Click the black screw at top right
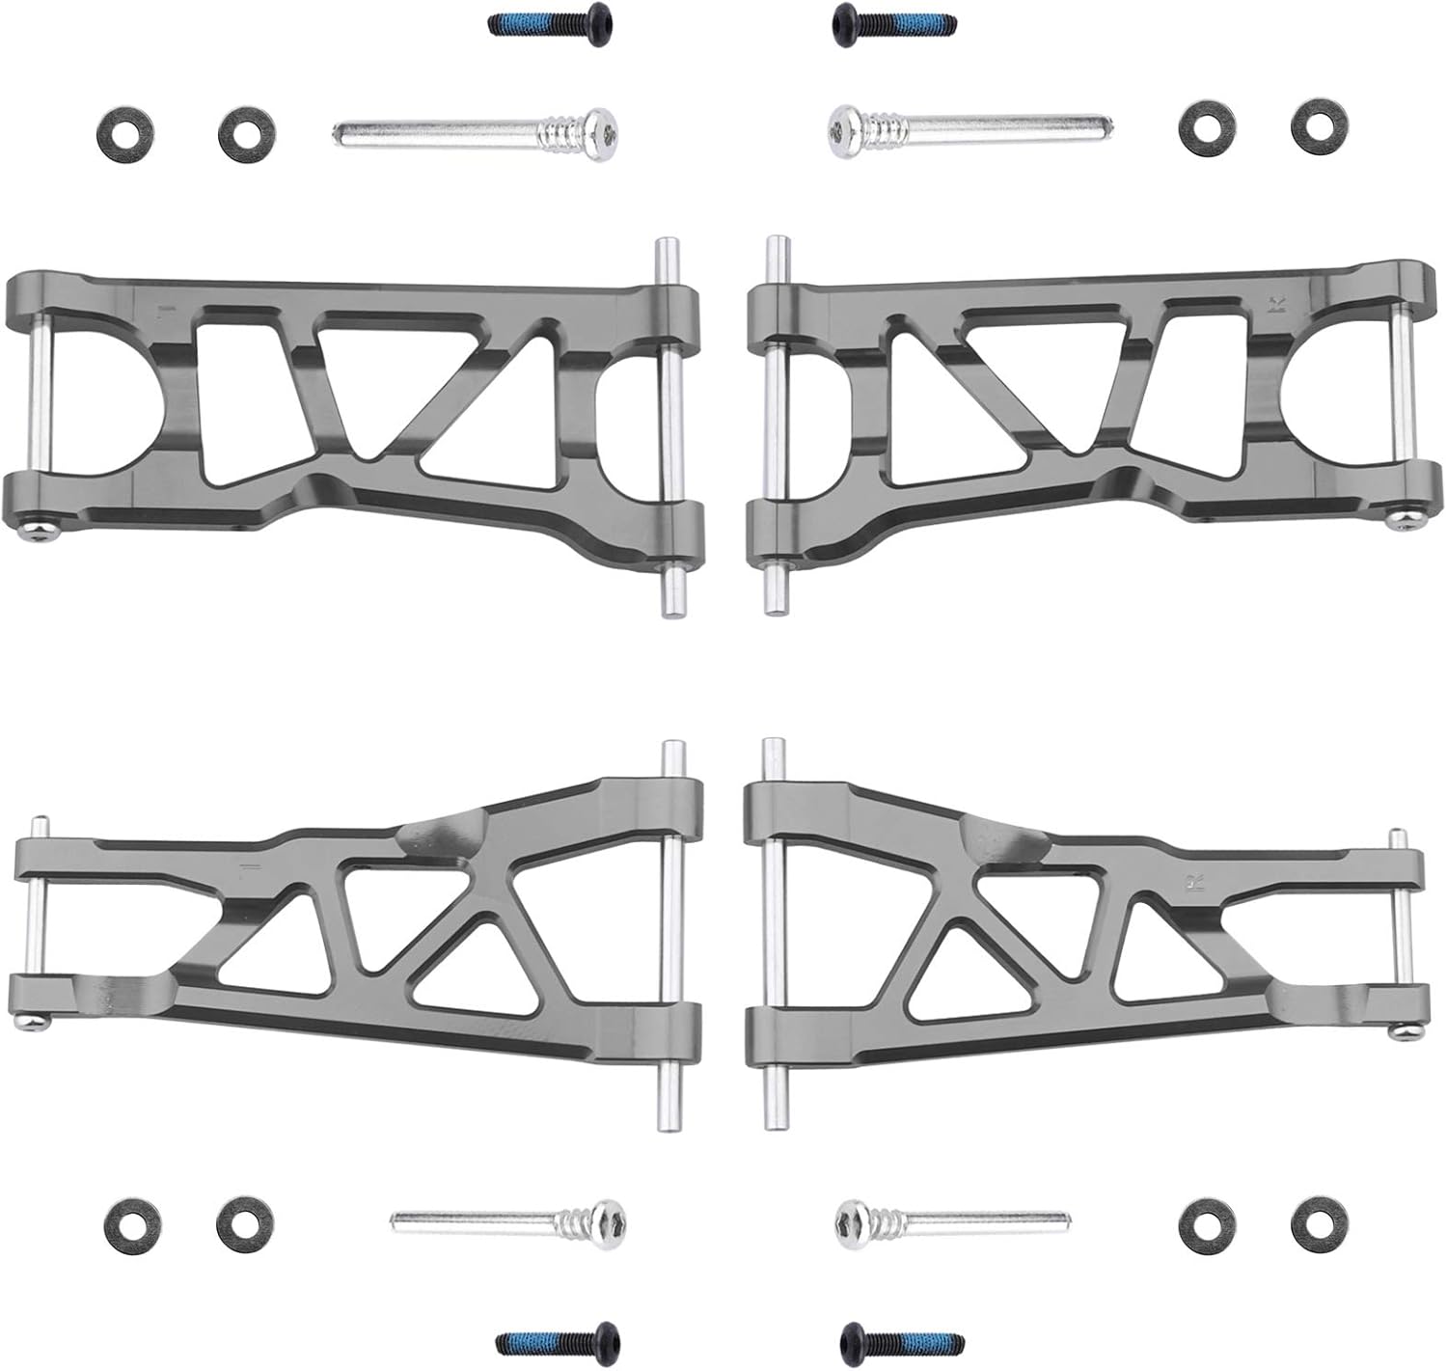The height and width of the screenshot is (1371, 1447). coord(893,20)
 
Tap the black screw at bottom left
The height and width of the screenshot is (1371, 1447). coord(556,1340)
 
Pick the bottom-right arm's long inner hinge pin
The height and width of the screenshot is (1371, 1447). coord(773,934)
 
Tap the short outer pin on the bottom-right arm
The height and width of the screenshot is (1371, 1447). coord(1400,931)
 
